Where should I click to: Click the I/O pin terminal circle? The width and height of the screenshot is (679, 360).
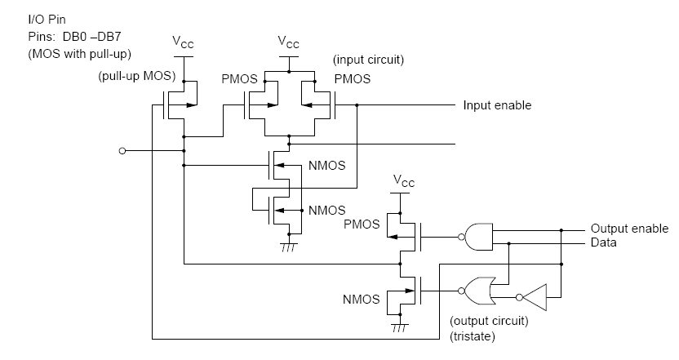coord(122,151)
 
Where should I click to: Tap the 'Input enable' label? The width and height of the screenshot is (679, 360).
coord(497,105)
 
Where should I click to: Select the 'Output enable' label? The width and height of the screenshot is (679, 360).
coord(630,229)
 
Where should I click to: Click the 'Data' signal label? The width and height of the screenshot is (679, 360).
coord(604,242)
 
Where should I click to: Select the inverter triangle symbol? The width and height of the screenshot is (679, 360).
coord(534,297)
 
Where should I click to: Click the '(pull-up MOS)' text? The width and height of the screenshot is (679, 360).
coord(137,76)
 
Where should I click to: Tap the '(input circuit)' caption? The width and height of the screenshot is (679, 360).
coord(369,60)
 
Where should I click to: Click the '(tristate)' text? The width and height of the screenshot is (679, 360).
coord(473,336)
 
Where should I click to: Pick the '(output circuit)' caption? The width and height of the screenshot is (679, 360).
coord(490,321)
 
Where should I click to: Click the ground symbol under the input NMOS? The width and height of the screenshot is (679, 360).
coord(288,247)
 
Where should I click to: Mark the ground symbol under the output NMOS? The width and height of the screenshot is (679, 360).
coord(400,327)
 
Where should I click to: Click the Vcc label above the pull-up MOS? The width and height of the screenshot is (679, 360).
coord(183,42)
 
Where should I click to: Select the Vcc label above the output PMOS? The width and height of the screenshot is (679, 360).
coord(404,180)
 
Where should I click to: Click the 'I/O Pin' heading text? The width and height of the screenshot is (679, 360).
coord(47,20)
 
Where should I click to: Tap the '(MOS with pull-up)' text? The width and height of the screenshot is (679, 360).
coord(80,54)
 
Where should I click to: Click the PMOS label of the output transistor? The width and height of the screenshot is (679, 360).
coord(362,224)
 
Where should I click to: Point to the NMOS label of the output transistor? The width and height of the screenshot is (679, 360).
coord(362,300)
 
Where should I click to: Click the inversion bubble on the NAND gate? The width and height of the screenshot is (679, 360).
coord(462,237)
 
